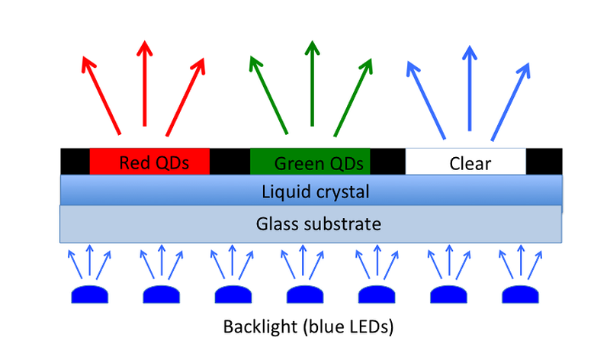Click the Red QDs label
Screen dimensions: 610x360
(x=154, y=163)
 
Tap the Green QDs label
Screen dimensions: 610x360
(x=319, y=164)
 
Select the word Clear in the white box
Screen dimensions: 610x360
(x=470, y=164)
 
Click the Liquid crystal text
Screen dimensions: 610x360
(x=315, y=192)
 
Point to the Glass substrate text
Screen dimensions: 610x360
(x=319, y=223)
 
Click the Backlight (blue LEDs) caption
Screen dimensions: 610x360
(x=308, y=326)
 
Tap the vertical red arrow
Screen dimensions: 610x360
(x=145, y=83)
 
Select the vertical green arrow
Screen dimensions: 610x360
(x=312, y=83)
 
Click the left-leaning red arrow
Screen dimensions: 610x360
(x=101, y=96)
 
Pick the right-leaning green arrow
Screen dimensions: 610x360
(x=353, y=98)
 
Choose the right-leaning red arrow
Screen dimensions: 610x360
(x=185, y=97)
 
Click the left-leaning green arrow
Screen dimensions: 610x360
(x=269, y=95)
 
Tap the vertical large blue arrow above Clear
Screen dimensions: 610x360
(x=470, y=88)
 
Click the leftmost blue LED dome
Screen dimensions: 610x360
(x=89, y=294)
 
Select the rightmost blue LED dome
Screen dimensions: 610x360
(x=521, y=294)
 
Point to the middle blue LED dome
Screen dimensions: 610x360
(x=305, y=294)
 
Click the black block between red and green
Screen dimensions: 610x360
(x=230, y=161)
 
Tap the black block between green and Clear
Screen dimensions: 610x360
(x=388, y=161)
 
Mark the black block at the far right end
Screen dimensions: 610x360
(x=544, y=161)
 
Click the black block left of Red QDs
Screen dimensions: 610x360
(x=75, y=161)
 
